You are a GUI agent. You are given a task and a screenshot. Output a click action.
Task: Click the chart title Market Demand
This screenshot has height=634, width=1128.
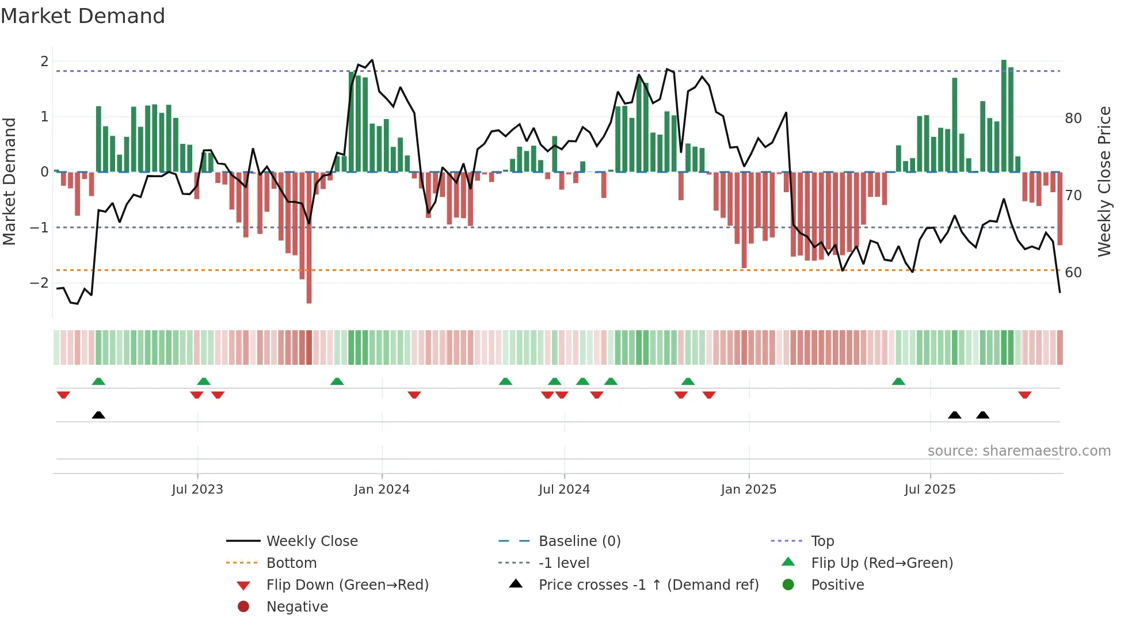click(83, 16)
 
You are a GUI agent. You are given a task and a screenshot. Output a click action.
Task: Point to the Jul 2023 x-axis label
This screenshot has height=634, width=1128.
click(197, 490)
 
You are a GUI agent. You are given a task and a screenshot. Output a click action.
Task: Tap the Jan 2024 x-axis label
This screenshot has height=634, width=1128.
click(382, 490)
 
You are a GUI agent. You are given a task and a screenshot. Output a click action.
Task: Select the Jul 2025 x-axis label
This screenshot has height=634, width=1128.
click(929, 490)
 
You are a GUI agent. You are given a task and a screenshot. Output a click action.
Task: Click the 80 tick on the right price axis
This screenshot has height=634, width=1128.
click(1073, 119)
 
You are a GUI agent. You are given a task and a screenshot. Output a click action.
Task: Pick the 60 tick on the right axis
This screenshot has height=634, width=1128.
click(1073, 273)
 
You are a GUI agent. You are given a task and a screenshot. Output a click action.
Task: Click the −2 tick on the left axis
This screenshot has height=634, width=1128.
click(39, 283)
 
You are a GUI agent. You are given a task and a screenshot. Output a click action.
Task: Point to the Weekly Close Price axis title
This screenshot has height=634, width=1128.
click(1104, 181)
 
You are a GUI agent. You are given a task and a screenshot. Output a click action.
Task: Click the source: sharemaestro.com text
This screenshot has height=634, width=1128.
click(1019, 451)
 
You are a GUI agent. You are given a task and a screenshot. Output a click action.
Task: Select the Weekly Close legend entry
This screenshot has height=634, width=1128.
click(311, 541)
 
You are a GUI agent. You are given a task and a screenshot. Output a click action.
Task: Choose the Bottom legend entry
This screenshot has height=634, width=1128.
click(291, 563)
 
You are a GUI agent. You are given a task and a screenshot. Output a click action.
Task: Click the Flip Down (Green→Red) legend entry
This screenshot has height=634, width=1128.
click(347, 585)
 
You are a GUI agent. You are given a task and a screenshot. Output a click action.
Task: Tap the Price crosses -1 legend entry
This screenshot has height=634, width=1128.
click(648, 585)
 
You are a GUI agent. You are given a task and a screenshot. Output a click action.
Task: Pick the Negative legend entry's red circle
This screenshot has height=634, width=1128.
click(243, 607)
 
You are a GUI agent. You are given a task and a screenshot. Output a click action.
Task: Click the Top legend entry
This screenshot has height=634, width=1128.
click(822, 541)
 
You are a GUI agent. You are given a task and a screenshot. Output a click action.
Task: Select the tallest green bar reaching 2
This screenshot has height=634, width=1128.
click(1004, 115)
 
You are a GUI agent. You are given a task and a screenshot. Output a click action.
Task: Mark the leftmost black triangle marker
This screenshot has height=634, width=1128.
click(98, 415)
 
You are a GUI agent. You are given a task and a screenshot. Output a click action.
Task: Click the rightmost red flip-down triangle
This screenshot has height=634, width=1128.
click(1024, 395)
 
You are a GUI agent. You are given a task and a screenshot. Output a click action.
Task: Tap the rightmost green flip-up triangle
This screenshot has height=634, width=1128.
click(898, 381)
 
